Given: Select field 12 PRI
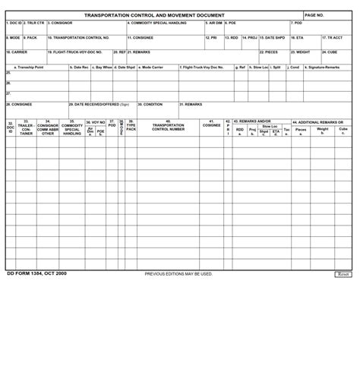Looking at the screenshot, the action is [213, 41].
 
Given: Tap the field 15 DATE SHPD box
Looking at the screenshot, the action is [273, 41].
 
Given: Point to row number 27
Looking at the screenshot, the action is [8, 94].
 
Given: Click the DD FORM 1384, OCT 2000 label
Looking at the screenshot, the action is [37, 273].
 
